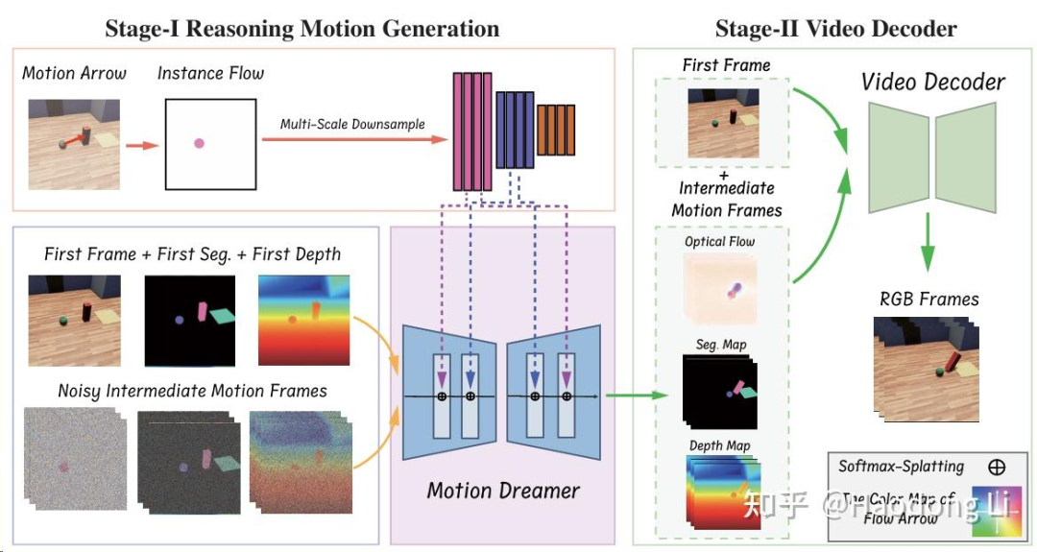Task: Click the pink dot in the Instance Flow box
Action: (199, 143)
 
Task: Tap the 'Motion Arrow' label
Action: (74, 73)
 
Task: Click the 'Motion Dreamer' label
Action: (503, 491)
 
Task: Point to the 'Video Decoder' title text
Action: (932, 82)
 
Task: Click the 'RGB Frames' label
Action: (928, 299)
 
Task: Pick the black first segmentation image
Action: (190, 321)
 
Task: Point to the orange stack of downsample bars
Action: (556, 131)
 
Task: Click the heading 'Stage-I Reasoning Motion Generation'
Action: (301, 29)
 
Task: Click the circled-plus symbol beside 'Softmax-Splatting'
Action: (997, 468)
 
